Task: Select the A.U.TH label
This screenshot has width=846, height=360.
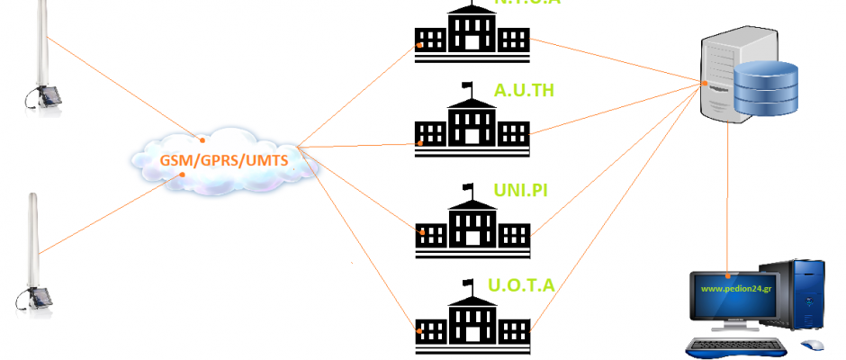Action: (524, 90)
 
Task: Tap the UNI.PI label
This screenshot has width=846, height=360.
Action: (521, 190)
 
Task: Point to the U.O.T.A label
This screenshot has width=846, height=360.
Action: (521, 286)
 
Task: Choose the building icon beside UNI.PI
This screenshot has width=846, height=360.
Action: (471, 225)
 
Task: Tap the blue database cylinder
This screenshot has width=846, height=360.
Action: (766, 87)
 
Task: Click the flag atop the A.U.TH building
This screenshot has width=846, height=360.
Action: (468, 87)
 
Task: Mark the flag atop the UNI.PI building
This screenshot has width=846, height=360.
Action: (468, 187)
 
